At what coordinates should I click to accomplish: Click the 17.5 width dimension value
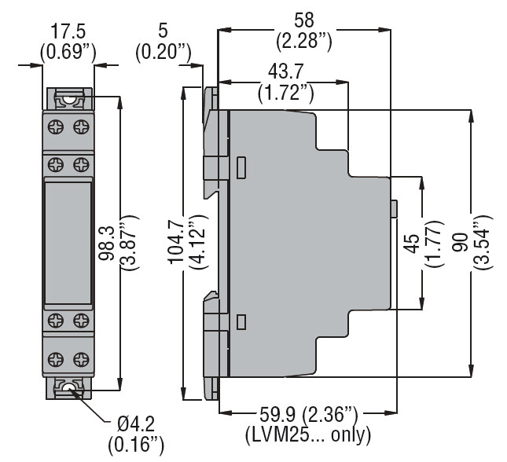(x=68, y=31)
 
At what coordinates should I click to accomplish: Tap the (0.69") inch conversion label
(x=68, y=52)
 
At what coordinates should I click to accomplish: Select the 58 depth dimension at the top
(x=304, y=20)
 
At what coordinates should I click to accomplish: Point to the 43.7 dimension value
(x=286, y=71)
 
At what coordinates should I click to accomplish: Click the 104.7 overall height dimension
(x=177, y=241)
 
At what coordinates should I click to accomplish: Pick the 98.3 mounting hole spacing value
(x=107, y=243)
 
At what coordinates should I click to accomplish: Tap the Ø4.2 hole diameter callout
(x=136, y=423)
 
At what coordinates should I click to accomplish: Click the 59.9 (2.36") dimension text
(x=309, y=415)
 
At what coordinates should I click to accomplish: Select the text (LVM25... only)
(x=308, y=435)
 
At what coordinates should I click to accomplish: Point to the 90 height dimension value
(x=460, y=242)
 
